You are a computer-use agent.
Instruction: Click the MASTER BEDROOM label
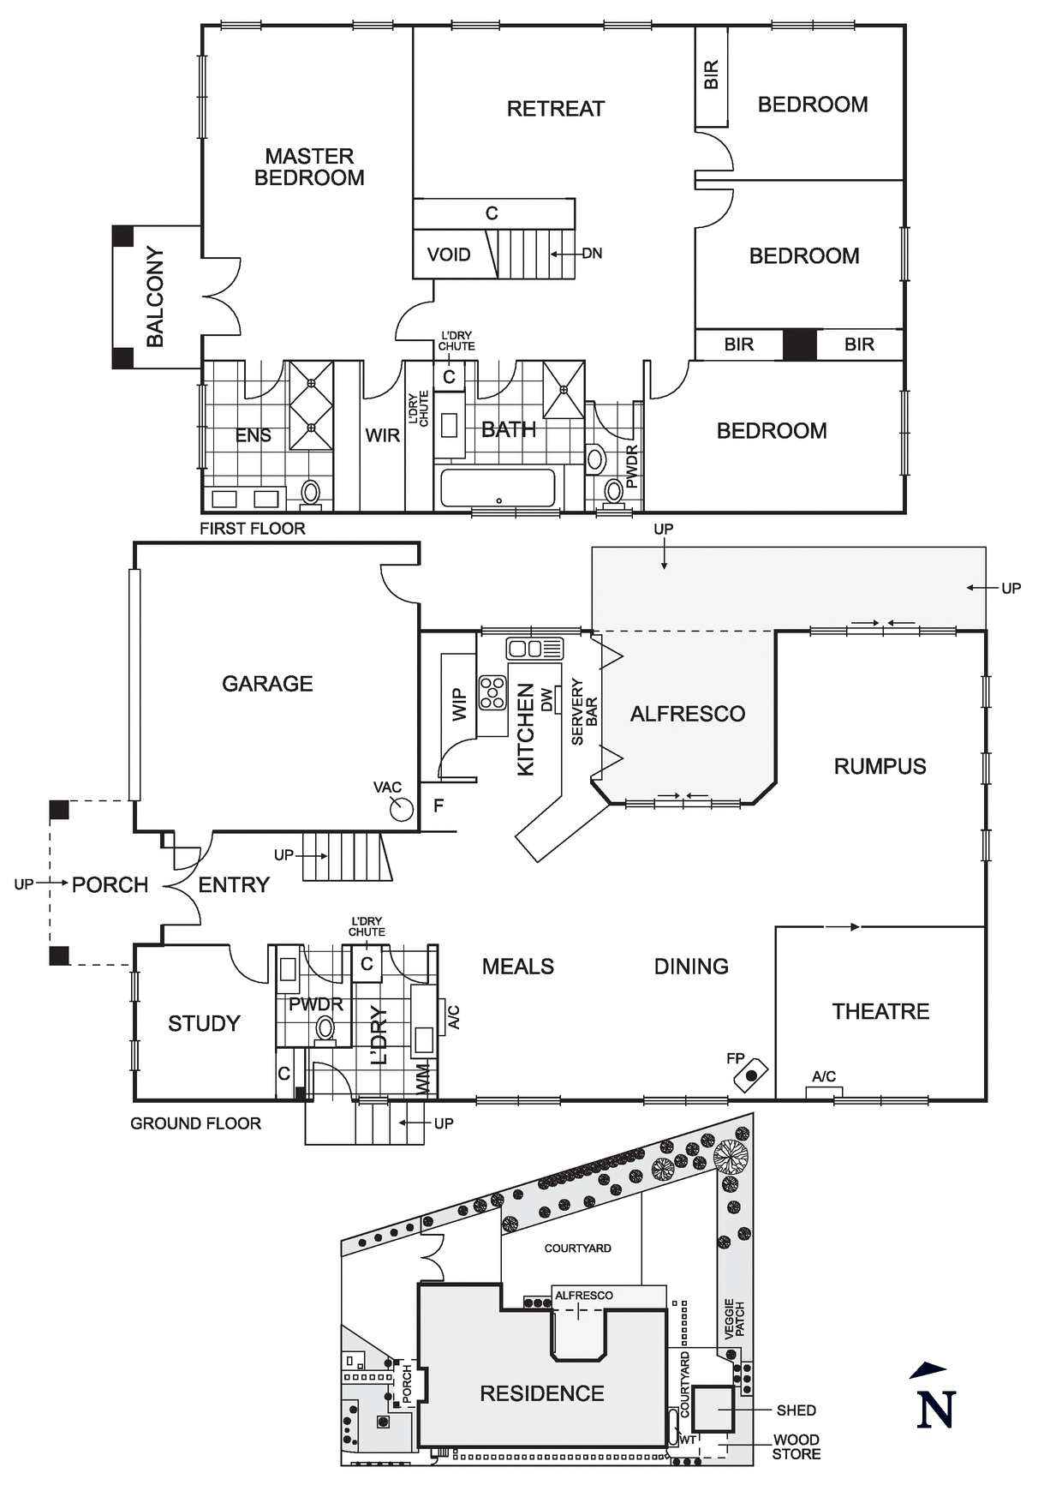point(309,167)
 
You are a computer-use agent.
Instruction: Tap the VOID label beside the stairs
point(449,254)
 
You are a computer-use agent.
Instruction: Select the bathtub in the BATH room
point(498,488)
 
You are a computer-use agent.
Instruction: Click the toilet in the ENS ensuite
point(311,493)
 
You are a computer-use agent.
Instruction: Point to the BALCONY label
point(155,296)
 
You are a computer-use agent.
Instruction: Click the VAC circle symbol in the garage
point(402,808)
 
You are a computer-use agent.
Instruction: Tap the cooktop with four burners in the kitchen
point(492,693)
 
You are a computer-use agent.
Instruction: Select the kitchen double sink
point(534,648)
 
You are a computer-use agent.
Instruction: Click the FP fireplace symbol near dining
point(751,1075)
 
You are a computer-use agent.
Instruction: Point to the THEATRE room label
point(880,1011)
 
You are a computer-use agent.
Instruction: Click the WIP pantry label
point(459,704)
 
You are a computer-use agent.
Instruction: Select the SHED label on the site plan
point(796,1410)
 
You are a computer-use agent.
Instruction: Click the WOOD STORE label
point(796,1446)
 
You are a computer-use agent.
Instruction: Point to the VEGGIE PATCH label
point(735,1320)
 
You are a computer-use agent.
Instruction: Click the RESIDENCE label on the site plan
point(541,1393)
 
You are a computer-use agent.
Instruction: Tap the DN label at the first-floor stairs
point(592,254)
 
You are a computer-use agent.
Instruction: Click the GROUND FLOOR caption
point(195,1123)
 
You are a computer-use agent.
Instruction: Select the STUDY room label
point(204,1023)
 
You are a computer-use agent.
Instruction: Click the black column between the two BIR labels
point(799,344)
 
